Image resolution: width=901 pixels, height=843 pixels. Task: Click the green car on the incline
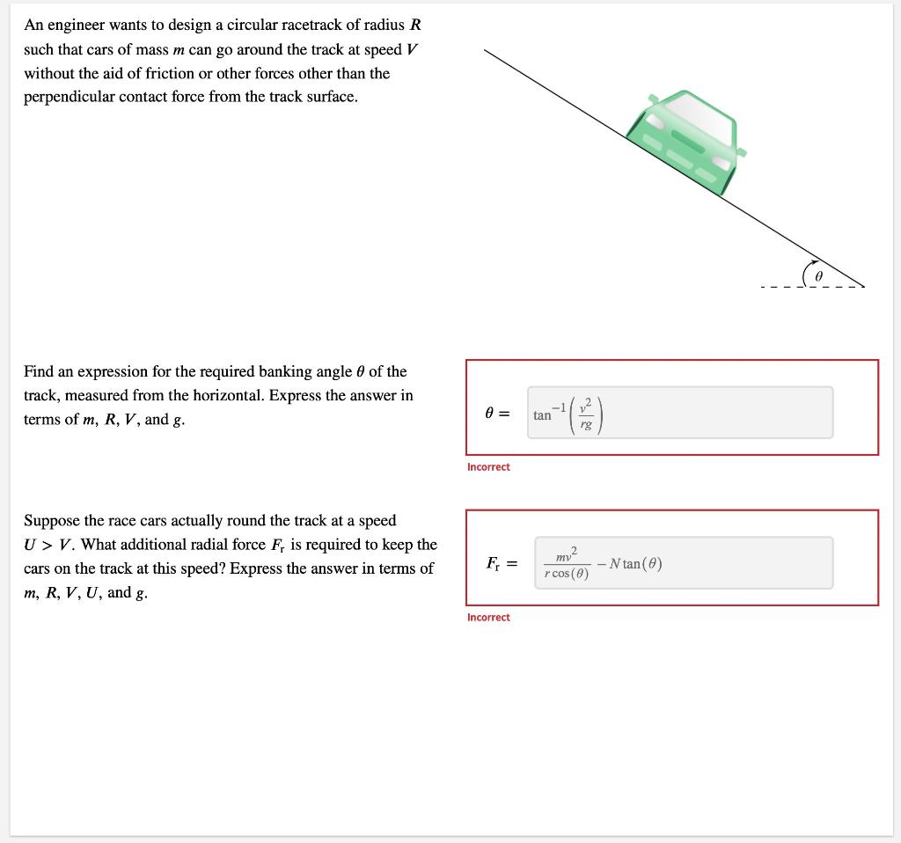point(685,141)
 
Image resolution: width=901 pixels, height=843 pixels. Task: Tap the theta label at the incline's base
point(819,276)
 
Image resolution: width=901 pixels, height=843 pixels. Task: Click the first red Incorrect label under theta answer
point(488,467)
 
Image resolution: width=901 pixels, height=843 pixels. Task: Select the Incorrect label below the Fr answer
point(488,617)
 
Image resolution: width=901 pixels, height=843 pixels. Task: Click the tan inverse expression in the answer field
point(568,414)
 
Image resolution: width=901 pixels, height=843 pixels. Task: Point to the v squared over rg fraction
point(585,414)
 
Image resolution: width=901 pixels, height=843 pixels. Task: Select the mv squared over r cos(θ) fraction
point(567,563)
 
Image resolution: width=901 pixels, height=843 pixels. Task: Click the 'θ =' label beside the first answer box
point(497,414)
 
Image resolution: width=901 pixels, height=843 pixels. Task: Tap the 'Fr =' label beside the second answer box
point(502,564)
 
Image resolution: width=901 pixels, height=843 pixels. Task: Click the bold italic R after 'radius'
point(415,26)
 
